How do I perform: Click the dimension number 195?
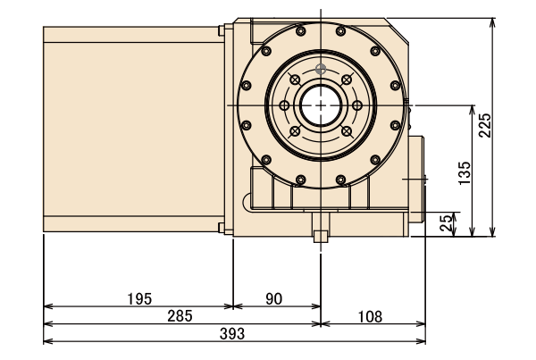click(139, 297)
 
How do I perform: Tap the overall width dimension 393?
click(233, 332)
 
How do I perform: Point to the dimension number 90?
click(274, 297)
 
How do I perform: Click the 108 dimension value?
click(371, 315)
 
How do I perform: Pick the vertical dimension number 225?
click(484, 126)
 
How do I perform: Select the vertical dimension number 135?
click(463, 170)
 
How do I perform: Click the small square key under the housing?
click(319, 236)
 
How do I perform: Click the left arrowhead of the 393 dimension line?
click(46, 340)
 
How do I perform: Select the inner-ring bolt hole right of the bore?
click(356, 105)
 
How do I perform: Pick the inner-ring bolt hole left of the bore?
click(284, 105)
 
